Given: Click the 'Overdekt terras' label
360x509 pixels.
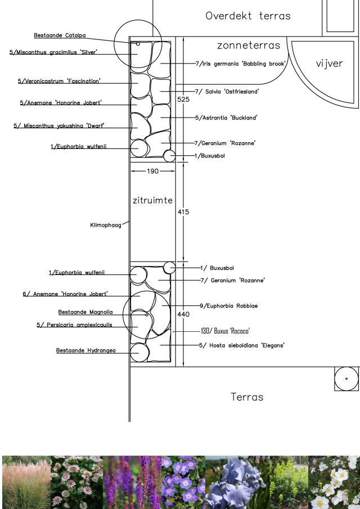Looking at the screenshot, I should point(248,16).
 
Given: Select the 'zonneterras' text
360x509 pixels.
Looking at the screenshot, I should point(248,45).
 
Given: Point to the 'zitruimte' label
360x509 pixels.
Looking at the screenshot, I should point(152,200).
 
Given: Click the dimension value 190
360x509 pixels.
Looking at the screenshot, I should point(152,171).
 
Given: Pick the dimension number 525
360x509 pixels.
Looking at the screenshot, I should point(183,100).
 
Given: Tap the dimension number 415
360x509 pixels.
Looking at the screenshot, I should point(183,212).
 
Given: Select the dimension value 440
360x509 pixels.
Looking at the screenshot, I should point(183,314).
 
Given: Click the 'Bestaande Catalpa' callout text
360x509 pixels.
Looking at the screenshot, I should point(60,35).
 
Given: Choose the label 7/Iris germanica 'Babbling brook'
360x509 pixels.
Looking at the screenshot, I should point(241,64).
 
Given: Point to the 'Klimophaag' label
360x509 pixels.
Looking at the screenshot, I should point(105,225).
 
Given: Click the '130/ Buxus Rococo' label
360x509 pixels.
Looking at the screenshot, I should point(225,331).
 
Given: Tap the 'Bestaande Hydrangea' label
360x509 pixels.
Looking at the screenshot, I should point(85,350).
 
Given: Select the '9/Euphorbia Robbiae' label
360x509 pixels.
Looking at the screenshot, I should point(229,305).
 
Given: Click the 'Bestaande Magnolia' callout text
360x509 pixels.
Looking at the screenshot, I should point(85,312).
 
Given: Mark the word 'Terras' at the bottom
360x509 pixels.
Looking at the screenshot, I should point(247,397).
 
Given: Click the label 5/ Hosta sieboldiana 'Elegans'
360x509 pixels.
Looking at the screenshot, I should point(242,345).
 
